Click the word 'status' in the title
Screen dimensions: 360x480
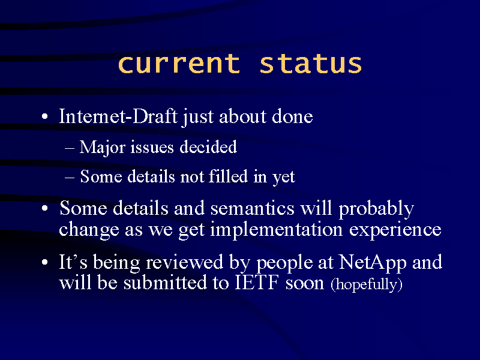pos(311,64)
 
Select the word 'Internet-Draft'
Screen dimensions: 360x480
pos(118,116)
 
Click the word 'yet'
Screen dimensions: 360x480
pos(284,177)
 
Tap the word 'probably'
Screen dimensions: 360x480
pos(376,209)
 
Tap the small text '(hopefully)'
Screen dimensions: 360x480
pos(366,284)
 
